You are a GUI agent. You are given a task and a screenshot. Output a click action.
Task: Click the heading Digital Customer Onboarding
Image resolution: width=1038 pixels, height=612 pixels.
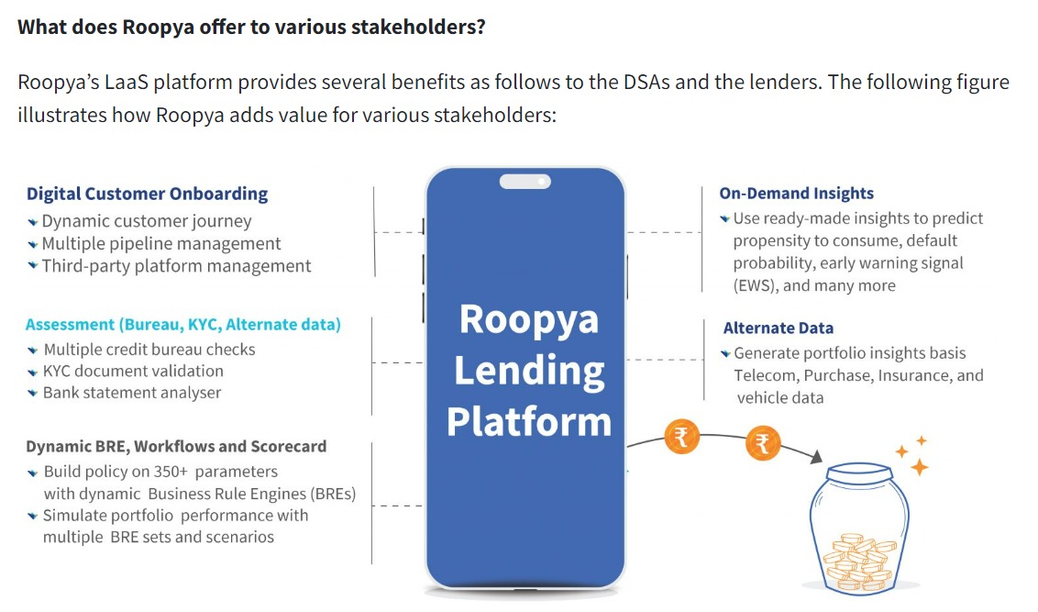tap(147, 194)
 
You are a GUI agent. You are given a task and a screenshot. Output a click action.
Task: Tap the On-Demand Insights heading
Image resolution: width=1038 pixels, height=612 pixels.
tap(796, 193)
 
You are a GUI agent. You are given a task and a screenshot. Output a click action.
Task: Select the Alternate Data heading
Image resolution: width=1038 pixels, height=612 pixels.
tap(778, 328)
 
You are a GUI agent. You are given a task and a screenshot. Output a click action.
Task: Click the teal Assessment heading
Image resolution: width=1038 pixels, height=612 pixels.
tap(182, 325)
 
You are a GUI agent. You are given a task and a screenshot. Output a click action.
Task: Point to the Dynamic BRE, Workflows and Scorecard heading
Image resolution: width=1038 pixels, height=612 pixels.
tap(176, 447)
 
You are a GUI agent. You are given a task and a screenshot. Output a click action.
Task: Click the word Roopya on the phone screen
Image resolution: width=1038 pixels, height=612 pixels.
tap(529, 320)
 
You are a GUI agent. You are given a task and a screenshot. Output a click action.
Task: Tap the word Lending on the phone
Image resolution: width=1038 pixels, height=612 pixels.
tap(529, 371)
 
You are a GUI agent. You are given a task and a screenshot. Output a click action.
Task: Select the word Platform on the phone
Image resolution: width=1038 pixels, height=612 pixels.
tap(529, 421)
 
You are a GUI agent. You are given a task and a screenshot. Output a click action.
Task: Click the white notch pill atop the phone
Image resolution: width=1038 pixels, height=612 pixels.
tap(525, 181)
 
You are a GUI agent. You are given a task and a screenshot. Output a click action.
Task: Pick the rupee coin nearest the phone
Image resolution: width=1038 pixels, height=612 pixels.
tap(681, 437)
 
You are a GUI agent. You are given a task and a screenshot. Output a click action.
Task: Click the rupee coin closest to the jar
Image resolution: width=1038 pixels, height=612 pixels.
tap(763, 442)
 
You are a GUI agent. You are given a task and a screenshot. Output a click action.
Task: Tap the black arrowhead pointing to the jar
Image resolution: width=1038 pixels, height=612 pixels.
tap(817, 457)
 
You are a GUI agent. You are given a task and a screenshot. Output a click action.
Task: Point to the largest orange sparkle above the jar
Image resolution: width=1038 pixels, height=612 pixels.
tap(919, 468)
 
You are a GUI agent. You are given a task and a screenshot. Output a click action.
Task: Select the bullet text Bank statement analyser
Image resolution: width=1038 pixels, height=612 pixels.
tap(132, 393)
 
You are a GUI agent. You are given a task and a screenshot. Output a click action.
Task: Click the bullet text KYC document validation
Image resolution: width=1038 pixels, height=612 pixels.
tap(133, 371)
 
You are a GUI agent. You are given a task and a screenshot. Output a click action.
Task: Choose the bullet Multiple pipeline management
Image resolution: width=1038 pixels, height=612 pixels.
tap(160, 244)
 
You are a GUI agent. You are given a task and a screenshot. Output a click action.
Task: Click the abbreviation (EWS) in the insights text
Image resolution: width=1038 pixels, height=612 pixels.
tap(756, 285)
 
